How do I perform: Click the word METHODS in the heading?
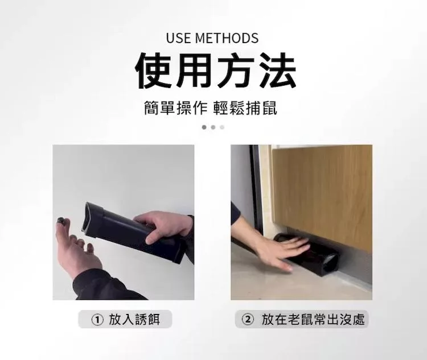click(227, 38)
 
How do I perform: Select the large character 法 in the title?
click(276, 71)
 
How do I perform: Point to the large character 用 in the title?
click(195, 71)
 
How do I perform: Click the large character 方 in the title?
click(236, 71)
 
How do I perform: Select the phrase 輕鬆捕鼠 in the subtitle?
click(245, 108)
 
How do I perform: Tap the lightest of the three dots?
click(222, 127)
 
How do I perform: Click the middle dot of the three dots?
click(213, 127)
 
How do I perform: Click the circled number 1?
click(97, 320)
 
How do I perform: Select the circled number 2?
click(248, 320)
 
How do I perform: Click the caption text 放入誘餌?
click(134, 320)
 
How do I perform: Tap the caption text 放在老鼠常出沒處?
click(313, 320)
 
